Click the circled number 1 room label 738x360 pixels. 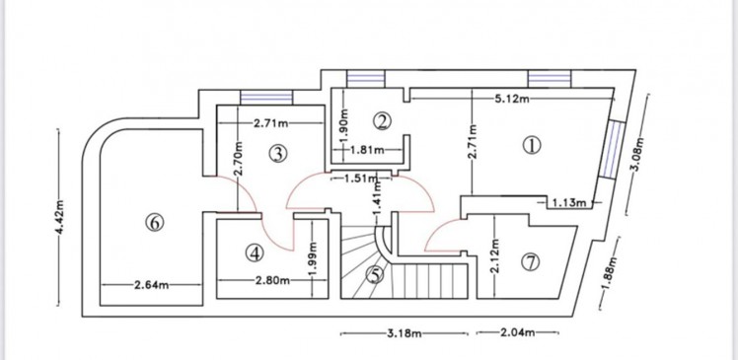532,145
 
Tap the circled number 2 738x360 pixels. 382,121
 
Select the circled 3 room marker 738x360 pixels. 278,154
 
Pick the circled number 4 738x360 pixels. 255,253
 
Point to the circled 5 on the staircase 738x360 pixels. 375,275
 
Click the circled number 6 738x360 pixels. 155,222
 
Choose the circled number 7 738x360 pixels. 531,262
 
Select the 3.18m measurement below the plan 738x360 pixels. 404,333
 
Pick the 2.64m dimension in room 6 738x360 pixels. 152,285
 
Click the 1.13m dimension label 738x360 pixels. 569,203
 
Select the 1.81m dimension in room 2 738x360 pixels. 367,150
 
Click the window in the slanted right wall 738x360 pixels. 612,150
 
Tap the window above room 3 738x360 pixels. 266,98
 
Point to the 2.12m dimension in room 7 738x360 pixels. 494,257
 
